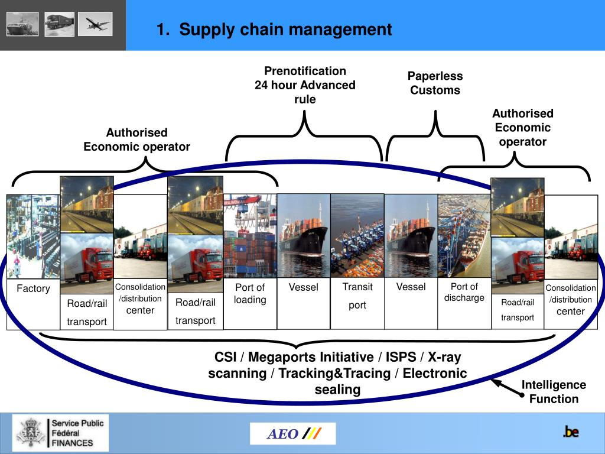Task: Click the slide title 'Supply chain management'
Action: click(x=274, y=29)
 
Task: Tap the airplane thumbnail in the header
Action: click(x=95, y=24)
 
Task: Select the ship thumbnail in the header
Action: click(x=22, y=24)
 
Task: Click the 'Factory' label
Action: click(x=33, y=288)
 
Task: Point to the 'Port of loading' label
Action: click(x=250, y=293)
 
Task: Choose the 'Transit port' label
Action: click(x=357, y=296)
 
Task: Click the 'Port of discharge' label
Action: click(x=464, y=292)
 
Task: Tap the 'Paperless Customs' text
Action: click(x=435, y=83)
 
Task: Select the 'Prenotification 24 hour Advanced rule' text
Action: click(x=305, y=85)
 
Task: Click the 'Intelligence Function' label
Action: click(x=554, y=392)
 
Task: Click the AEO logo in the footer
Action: click(x=292, y=434)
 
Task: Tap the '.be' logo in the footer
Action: click(x=570, y=432)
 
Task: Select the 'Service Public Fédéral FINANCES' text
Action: click(x=77, y=433)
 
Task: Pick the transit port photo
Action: click(x=357, y=235)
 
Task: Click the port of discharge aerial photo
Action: click(x=464, y=235)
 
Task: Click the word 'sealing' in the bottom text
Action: click(x=337, y=390)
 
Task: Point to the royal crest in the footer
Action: click(x=30, y=432)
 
